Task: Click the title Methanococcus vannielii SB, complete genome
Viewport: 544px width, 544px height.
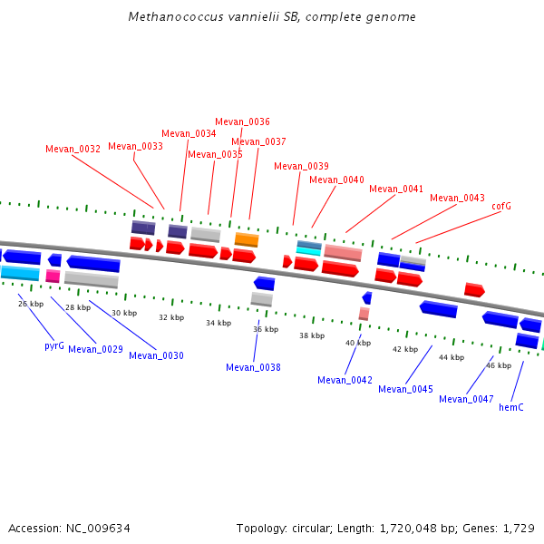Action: (272, 17)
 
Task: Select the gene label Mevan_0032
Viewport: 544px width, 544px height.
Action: (73, 150)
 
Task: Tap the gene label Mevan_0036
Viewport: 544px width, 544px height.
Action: (242, 121)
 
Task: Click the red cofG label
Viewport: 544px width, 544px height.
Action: (501, 207)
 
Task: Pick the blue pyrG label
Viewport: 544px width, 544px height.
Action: (54, 346)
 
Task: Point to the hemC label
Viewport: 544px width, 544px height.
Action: (511, 408)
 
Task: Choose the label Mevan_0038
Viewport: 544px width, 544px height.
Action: (253, 368)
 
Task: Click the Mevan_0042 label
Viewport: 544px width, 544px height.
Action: (345, 381)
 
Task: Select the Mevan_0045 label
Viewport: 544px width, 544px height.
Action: (405, 390)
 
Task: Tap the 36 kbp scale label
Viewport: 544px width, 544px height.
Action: (265, 329)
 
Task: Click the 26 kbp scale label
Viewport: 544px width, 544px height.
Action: (30, 304)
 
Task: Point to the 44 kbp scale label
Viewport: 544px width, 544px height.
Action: (452, 357)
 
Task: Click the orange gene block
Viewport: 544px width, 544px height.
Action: (247, 239)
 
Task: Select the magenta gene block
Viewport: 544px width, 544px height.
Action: (53, 276)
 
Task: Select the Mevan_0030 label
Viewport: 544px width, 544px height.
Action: (156, 356)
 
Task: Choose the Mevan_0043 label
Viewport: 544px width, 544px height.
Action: (457, 198)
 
